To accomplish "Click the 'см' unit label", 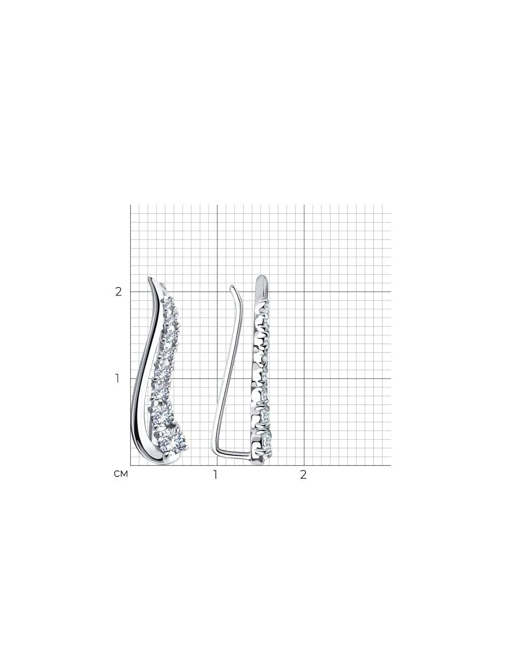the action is (121, 474).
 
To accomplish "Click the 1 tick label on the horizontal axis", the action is (215, 475).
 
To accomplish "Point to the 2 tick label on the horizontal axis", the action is (304, 475).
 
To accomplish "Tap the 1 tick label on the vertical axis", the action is (117, 379).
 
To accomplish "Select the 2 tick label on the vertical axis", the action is (118, 292).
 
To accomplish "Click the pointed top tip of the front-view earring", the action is (150, 278).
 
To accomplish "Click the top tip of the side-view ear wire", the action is (232, 286).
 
